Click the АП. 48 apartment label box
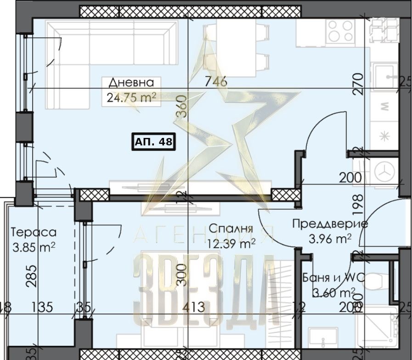click(x=153, y=142)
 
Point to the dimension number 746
click(x=216, y=81)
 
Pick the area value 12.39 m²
click(x=232, y=243)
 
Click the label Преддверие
click(x=330, y=224)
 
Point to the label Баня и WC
click(x=328, y=278)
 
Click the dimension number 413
click(x=192, y=307)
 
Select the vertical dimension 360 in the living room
click(x=181, y=107)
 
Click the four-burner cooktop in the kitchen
click(x=340, y=32)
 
